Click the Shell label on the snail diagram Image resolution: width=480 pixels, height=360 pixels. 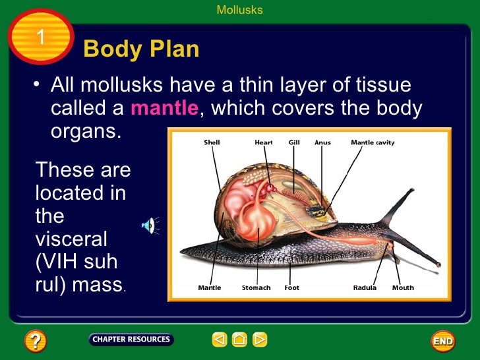point(212,142)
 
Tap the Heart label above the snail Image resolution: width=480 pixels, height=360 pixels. point(264,142)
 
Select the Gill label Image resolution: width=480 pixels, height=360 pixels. point(294,142)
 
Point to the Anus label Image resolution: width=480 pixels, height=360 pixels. point(322,142)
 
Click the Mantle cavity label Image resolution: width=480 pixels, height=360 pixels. point(373,142)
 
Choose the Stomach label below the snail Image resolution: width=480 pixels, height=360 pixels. point(256,288)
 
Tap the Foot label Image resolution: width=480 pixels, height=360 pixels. point(292,288)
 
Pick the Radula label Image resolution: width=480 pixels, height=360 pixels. point(365,288)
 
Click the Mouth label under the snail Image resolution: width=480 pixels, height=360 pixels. point(403,288)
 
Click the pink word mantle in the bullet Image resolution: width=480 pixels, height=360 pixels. point(164,108)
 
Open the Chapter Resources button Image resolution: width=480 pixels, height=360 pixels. point(131,340)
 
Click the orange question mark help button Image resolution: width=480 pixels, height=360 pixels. point(35,341)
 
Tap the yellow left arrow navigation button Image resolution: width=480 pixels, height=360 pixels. point(220,340)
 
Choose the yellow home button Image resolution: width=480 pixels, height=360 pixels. point(239,340)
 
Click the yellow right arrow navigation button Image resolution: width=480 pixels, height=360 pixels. point(260,340)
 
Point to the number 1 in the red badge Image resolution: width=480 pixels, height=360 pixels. point(40,38)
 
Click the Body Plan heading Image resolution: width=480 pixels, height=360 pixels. point(141,49)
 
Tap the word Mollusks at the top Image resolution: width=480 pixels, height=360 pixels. point(239,10)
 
